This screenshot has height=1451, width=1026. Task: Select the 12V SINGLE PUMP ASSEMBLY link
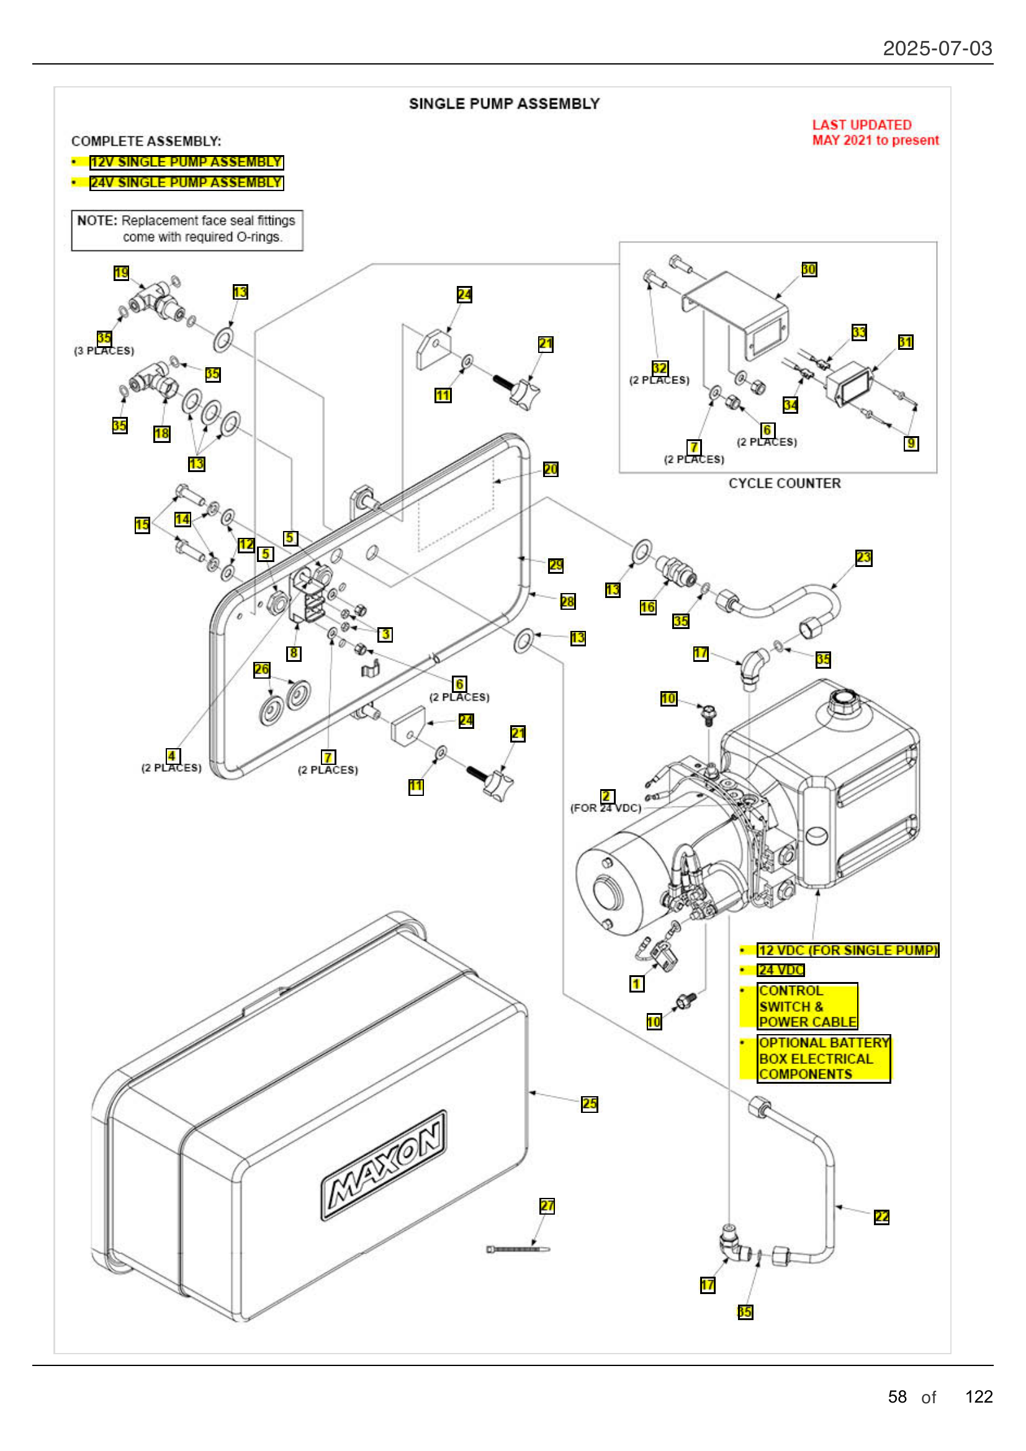pos(186,163)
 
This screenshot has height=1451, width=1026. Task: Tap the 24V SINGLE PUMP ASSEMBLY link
pos(186,182)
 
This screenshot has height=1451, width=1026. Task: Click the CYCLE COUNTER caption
pos(784,483)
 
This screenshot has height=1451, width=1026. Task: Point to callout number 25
pos(589,1104)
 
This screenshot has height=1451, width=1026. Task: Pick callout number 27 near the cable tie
pos(547,1206)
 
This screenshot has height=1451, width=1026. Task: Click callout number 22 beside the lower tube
pos(881,1217)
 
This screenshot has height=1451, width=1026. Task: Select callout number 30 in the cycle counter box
pos(809,269)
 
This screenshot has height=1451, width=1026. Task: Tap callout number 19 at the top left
pos(121,272)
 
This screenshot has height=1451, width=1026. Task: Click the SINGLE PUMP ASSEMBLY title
pos(504,104)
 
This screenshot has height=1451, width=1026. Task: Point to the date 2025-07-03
pos(937,48)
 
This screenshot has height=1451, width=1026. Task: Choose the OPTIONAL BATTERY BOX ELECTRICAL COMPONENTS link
pos(823,1058)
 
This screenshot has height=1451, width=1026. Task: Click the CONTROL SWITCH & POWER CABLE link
pos(808,1006)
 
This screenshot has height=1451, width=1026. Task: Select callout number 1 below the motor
pos(637,983)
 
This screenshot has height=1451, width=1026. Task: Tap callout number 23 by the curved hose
pos(863,558)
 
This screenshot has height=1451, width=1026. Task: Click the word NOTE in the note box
pos(97,221)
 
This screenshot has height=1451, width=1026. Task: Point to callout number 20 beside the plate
pos(550,469)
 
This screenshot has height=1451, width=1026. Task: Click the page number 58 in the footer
pos(896,1396)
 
